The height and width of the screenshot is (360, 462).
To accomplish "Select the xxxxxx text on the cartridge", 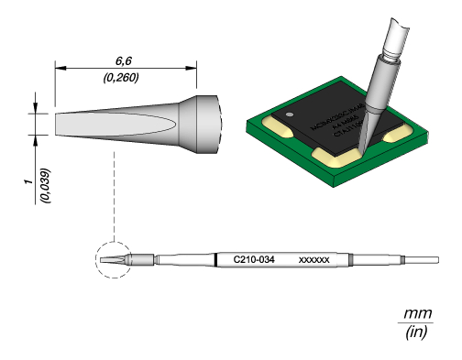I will [314, 260].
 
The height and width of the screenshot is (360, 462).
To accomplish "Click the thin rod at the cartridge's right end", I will [427, 260].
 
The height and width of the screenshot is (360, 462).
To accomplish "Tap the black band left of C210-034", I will [215, 260].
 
